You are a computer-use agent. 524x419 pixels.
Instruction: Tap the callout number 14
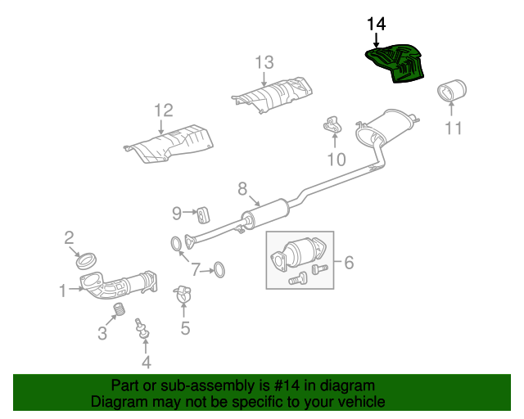coord(377,24)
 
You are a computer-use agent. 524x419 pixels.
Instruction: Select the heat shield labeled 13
coord(273,95)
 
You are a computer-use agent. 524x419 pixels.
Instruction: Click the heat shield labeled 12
coord(169,144)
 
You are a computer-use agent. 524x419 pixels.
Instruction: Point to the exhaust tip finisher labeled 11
coord(452,90)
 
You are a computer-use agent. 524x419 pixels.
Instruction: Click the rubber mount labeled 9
coord(203,215)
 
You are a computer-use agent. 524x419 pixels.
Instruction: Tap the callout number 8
coord(242,189)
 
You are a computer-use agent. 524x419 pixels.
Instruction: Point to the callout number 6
coord(349,263)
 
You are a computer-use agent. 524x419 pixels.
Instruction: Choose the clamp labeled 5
coord(183,294)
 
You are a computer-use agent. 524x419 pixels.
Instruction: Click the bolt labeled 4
coord(142,328)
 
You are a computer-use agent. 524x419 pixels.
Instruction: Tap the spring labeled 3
coord(119,309)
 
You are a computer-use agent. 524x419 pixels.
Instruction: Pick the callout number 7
coord(196,269)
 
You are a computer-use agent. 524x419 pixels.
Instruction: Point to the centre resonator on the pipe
coord(265,214)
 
